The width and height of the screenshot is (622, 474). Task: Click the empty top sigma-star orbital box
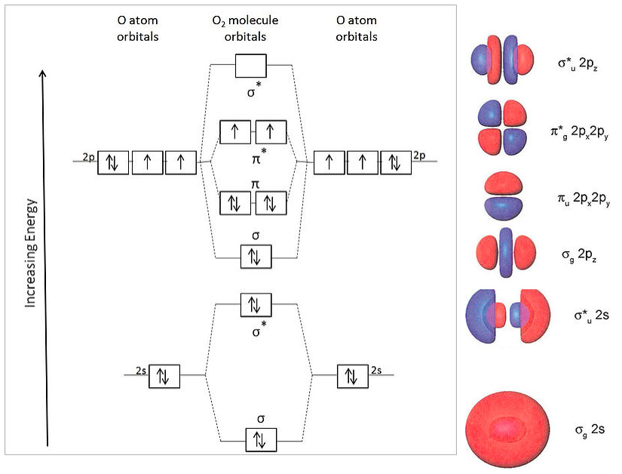251,65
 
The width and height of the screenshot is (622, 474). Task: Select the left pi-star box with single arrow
235,132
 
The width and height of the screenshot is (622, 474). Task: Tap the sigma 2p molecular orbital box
255,257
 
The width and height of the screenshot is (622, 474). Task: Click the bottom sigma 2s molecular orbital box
261,438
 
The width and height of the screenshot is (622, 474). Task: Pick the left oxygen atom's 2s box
164,375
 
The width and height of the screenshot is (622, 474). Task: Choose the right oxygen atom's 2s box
351,375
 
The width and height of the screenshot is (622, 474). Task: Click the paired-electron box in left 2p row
114,162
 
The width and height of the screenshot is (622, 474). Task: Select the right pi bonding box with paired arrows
271,203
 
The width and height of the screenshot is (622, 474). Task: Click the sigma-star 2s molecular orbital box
255,305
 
